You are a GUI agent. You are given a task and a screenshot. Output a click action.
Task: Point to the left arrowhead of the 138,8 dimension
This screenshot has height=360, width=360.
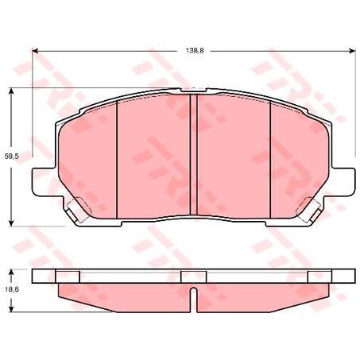tap(37, 52)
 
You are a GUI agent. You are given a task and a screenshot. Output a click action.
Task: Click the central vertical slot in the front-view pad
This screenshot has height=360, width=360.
tap(195, 155)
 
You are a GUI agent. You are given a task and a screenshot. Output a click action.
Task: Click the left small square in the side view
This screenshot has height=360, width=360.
tap(70, 276)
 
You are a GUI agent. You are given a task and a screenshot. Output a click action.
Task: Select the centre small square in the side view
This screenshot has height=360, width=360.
tap(193, 276)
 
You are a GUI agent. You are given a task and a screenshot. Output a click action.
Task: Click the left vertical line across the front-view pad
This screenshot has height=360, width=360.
tap(117, 159)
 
